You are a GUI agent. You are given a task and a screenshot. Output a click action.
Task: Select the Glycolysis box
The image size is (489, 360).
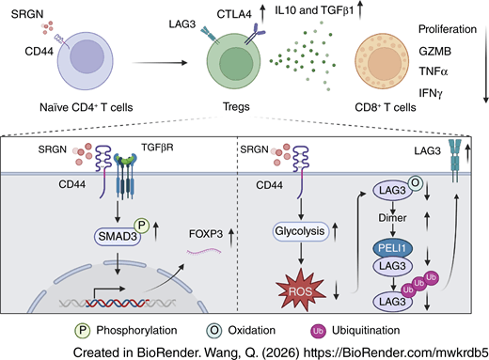coord(300,231)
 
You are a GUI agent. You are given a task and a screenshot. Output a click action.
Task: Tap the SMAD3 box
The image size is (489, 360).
coord(118,236)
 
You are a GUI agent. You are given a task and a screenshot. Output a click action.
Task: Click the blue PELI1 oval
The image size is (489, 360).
coord(392,248)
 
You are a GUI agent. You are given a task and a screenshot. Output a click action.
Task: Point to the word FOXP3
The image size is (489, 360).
coord(206,234)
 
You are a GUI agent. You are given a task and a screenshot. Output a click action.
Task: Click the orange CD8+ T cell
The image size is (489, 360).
coord(382,62)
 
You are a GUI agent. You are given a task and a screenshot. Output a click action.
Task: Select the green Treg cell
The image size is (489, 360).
coord(233,62)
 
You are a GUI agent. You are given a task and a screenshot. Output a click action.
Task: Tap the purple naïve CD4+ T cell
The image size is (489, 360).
coord(85,60)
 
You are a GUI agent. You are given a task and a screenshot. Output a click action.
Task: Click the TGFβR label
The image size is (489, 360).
coord(157,148)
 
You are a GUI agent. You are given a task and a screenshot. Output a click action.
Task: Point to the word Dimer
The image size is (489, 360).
coord(392,217)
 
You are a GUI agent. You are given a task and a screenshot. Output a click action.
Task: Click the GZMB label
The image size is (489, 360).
coord(434,51)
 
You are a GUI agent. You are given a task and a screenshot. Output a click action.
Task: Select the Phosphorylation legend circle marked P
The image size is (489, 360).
coord(83,331)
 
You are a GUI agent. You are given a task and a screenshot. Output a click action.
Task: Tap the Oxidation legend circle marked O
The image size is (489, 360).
coord(214,331)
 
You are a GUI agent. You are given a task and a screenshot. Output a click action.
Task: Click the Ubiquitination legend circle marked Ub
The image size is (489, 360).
coord(318,331)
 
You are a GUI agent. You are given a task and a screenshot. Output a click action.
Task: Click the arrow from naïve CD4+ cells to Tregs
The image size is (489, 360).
coord(159,63)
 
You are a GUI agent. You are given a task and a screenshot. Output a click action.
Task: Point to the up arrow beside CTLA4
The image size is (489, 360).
coord(262,15)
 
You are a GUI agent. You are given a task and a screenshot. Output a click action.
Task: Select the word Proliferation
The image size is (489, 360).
coord(448,29)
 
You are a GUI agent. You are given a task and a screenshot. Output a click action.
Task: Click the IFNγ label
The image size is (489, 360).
coord(431,93)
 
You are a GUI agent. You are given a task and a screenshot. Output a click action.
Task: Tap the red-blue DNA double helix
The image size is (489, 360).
coord(117,303)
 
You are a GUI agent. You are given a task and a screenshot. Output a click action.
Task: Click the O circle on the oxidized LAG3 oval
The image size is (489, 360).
coord(415,182)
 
